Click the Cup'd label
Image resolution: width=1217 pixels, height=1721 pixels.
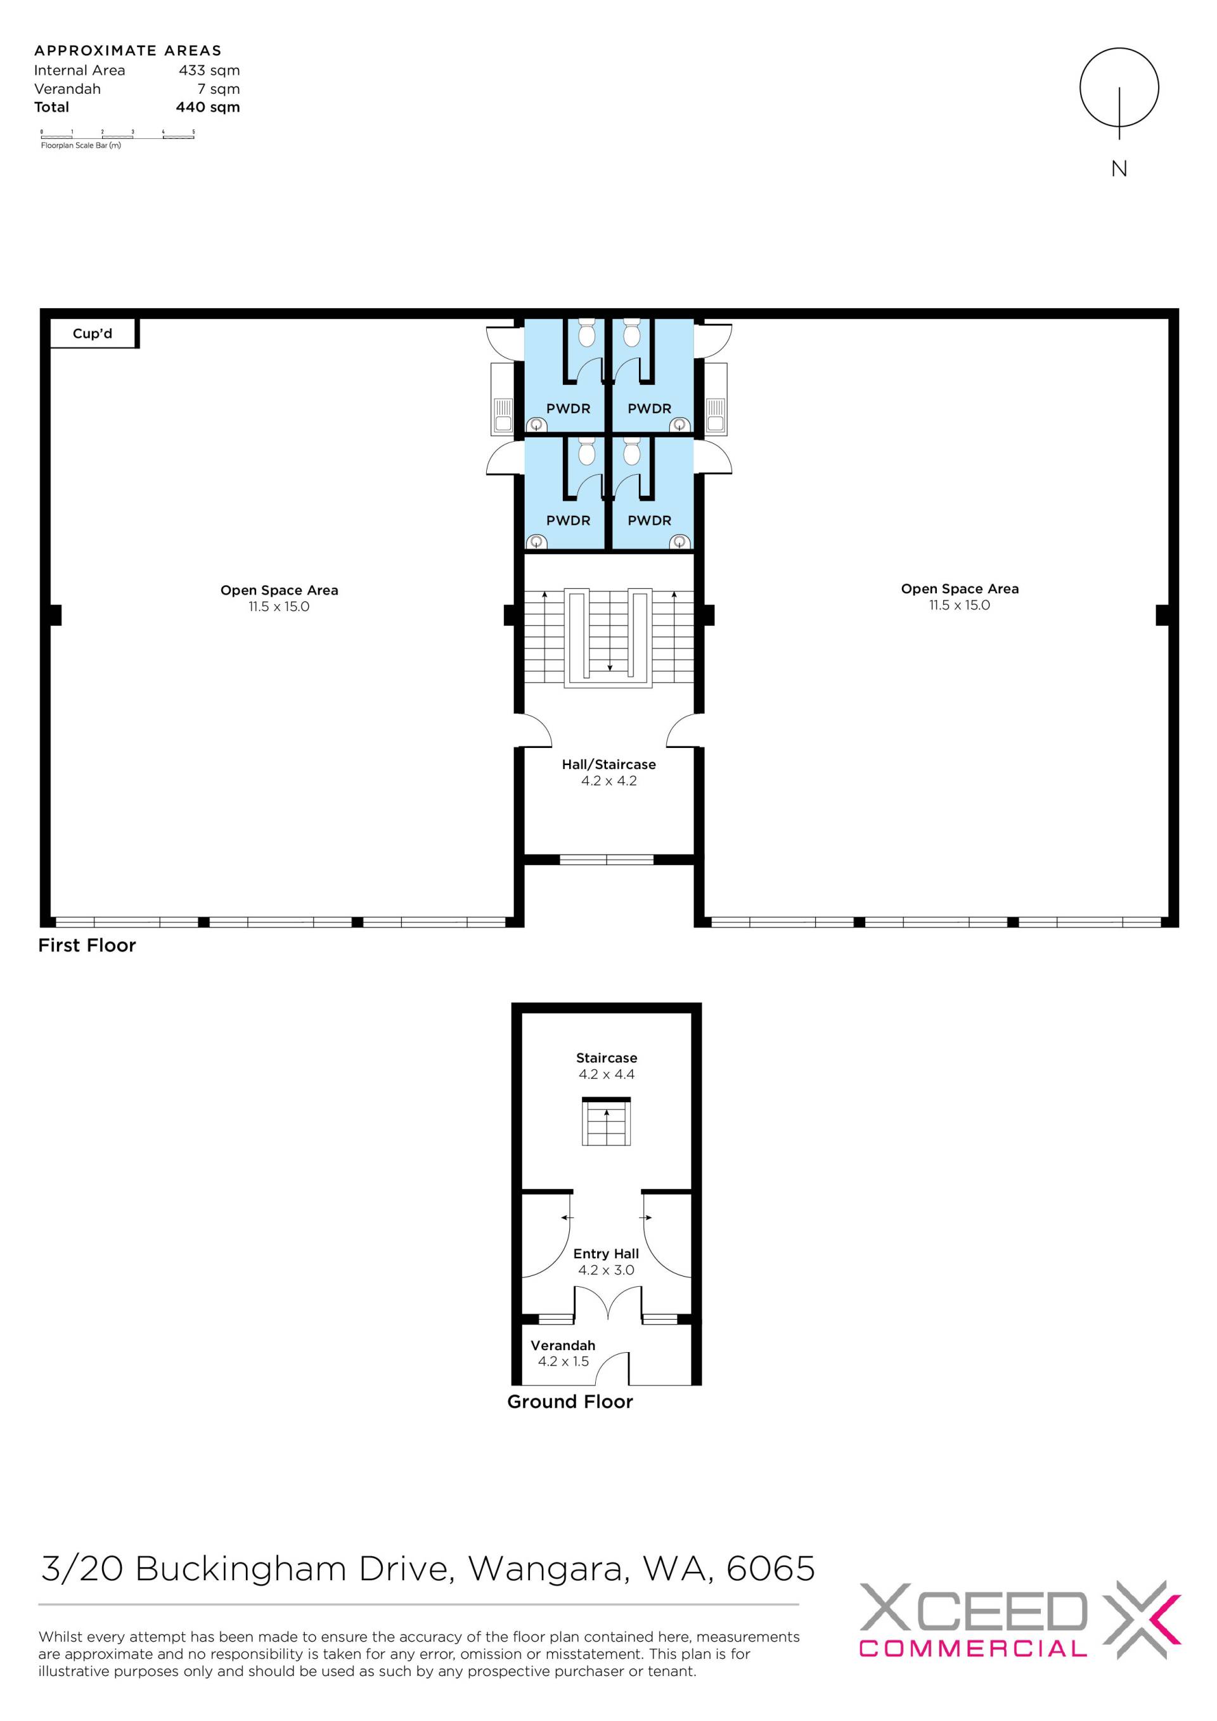[x=92, y=333]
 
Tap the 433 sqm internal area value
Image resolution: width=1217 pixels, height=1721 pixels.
[x=209, y=70]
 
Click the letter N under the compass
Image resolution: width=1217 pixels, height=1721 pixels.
[x=1119, y=169]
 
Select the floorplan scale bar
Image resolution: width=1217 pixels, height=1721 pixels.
[x=118, y=136]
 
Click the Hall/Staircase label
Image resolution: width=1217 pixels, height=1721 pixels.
[x=608, y=764]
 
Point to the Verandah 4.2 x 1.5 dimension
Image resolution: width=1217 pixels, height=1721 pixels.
[x=563, y=1361]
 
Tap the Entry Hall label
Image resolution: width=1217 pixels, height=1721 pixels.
[x=606, y=1253]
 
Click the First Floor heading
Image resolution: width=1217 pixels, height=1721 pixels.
[x=87, y=945]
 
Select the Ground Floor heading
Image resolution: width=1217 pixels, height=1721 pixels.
[x=570, y=1402]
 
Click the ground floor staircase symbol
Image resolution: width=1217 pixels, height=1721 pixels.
[x=606, y=1121]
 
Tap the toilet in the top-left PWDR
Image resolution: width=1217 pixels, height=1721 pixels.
[x=587, y=332]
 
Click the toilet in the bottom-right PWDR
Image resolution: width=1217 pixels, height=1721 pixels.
[x=632, y=451]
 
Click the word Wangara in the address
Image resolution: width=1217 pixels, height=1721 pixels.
[x=548, y=1569]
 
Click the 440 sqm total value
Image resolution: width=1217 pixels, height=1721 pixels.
[x=209, y=107]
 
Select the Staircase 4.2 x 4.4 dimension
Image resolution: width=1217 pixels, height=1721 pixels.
[x=606, y=1074]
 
